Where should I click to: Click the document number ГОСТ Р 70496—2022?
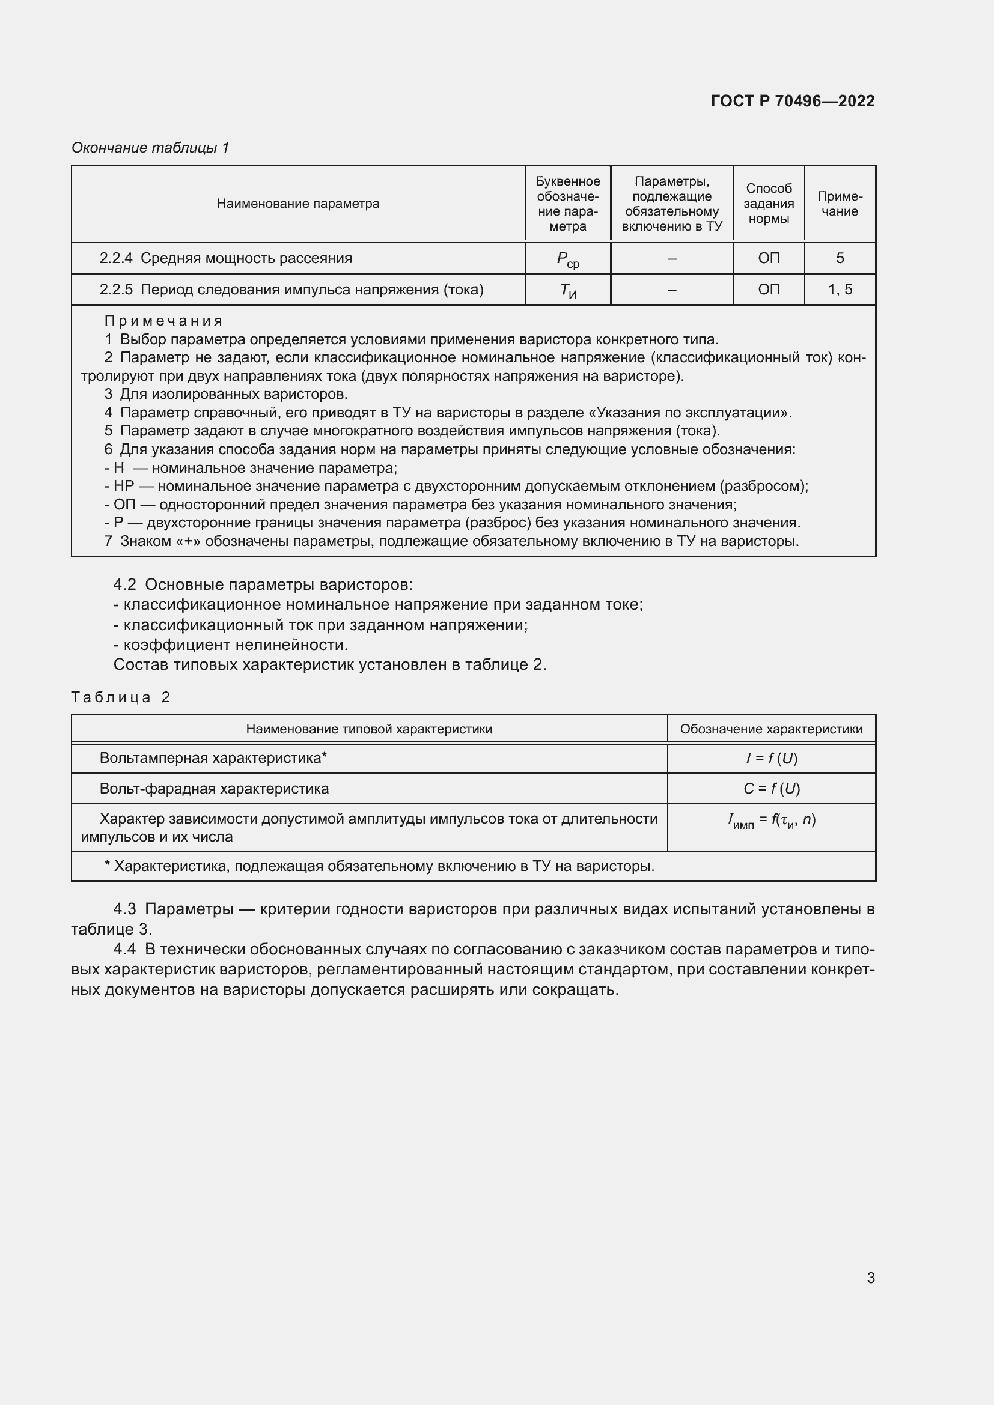(x=792, y=101)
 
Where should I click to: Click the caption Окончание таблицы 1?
(x=150, y=148)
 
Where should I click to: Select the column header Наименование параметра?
(x=298, y=204)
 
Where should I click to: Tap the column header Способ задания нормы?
(x=768, y=204)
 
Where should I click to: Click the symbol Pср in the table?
(x=567, y=259)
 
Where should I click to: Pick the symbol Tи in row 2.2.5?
(x=567, y=291)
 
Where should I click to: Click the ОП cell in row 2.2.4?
(x=768, y=258)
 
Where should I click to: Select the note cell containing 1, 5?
(x=839, y=290)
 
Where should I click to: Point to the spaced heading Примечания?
(x=163, y=321)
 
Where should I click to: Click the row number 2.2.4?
(x=115, y=258)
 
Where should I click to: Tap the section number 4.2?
(x=124, y=584)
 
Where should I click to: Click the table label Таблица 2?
(x=121, y=697)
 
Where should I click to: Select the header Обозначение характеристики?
(x=770, y=729)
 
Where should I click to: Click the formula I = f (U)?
(x=770, y=758)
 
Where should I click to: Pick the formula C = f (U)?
(x=770, y=788)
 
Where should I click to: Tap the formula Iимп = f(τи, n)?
(x=770, y=821)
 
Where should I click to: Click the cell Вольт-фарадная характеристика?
(x=213, y=788)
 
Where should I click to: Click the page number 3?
(x=870, y=1278)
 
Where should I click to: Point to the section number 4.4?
(x=124, y=949)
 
